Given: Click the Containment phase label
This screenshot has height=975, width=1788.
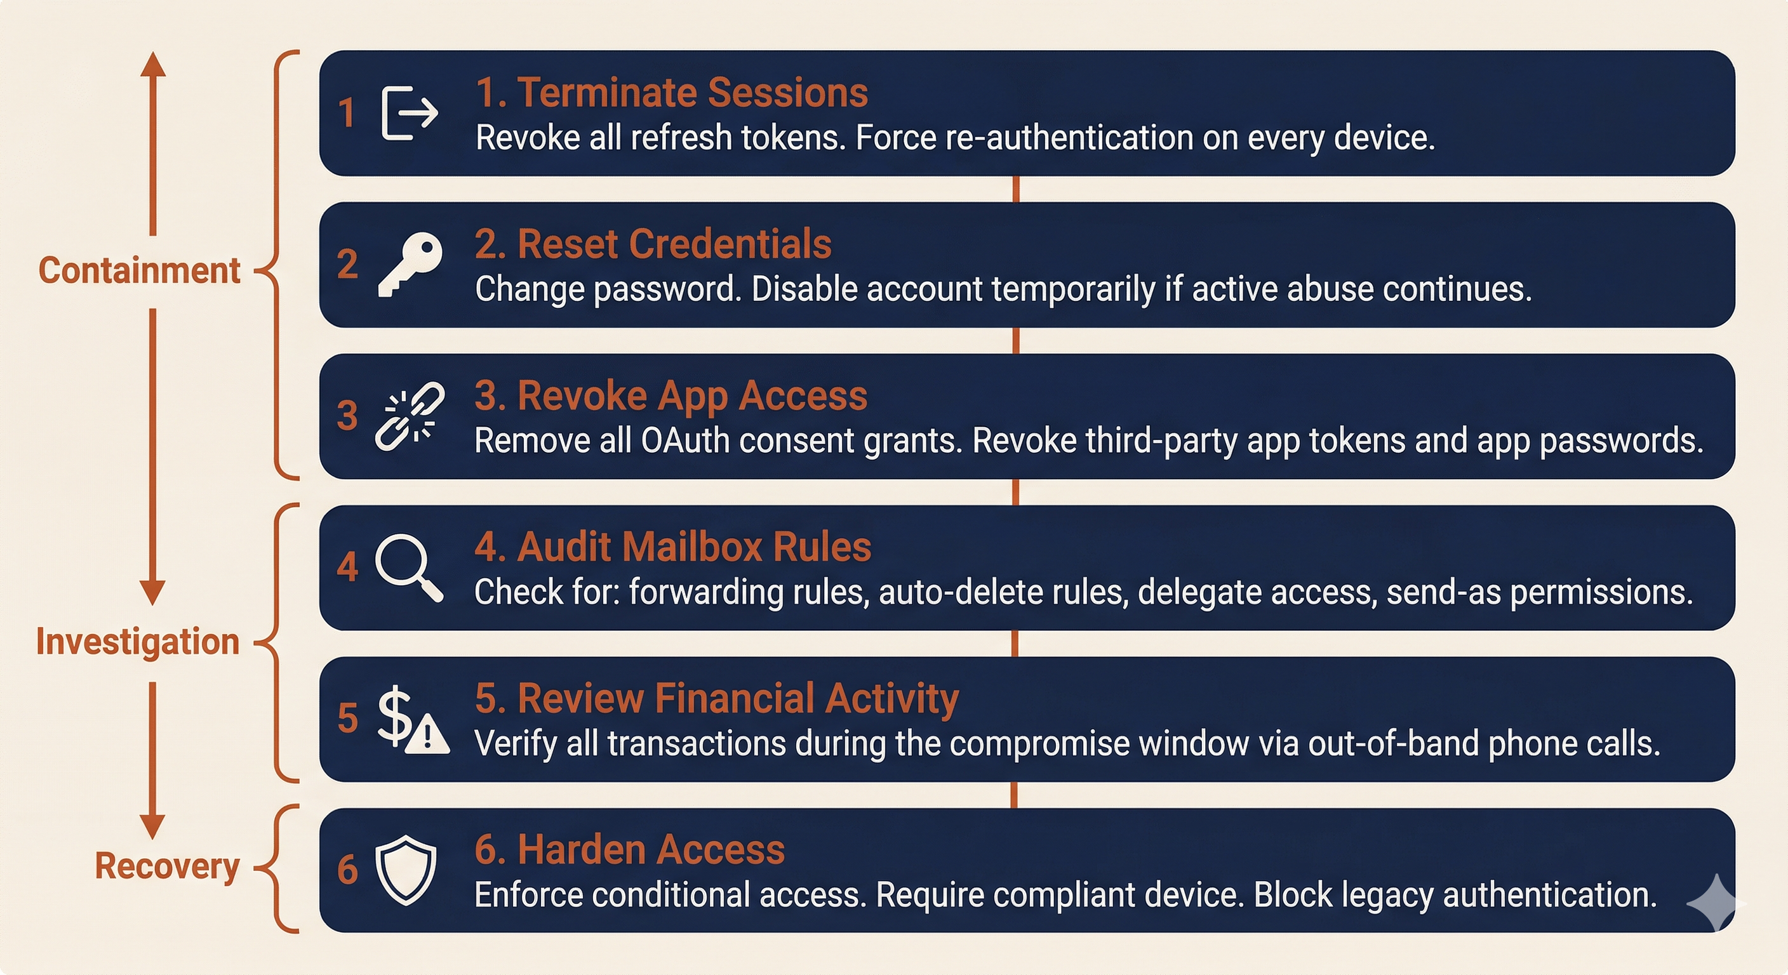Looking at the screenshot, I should click(139, 270).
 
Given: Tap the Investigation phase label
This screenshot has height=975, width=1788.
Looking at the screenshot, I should click(137, 641).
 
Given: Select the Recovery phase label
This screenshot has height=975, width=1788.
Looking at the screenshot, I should click(166, 865).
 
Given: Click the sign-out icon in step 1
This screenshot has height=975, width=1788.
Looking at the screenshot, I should click(410, 113).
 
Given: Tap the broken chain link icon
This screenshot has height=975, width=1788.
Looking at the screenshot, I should click(410, 416).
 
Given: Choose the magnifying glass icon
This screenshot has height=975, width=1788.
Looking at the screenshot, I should click(409, 567).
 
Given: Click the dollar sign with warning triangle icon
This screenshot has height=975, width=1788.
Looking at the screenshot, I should click(412, 719).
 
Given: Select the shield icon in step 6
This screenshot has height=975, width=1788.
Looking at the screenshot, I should click(406, 870).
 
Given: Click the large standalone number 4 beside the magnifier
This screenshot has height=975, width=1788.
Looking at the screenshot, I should click(347, 567).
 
